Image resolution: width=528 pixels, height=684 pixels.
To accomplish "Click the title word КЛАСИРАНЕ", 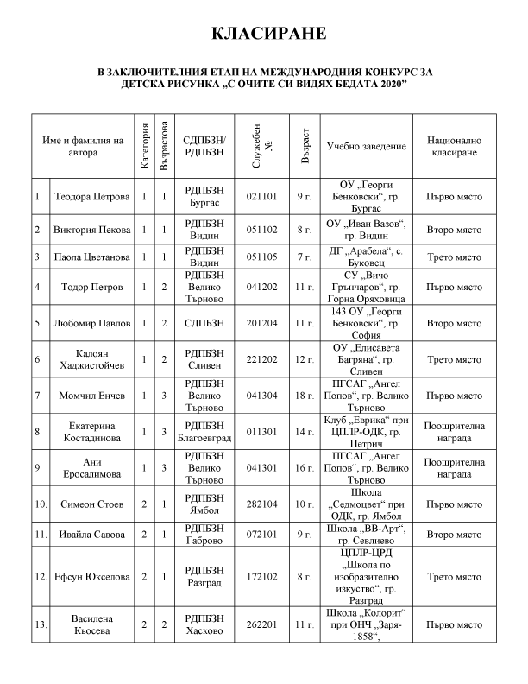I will click(x=263, y=34).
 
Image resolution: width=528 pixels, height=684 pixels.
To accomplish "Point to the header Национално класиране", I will click(x=454, y=145).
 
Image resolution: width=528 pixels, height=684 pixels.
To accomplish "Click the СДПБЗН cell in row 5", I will click(x=205, y=323).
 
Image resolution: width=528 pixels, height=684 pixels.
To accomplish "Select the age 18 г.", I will click(x=303, y=396).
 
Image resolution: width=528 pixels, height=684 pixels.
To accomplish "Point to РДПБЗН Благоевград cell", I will click(x=205, y=431).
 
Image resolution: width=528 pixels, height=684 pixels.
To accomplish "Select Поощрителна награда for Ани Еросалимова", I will click(x=454, y=467).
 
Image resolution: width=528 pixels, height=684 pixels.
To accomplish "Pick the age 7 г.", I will click(x=303, y=257).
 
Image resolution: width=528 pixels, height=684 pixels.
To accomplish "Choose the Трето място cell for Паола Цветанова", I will click(x=454, y=257).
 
